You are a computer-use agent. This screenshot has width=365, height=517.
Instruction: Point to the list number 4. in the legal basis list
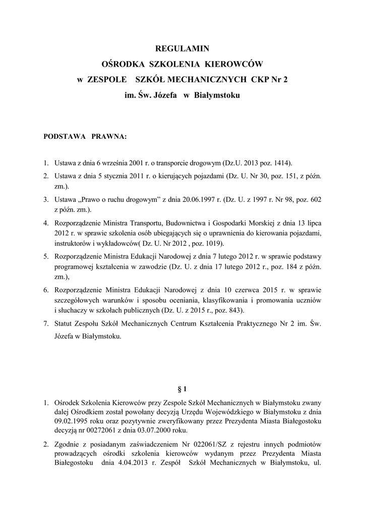pyautogui.click(x=45, y=223)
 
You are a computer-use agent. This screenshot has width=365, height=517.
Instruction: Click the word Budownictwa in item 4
pyautogui.click(x=183, y=223)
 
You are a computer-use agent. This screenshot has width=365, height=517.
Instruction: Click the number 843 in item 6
pyautogui.click(x=233, y=309)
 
